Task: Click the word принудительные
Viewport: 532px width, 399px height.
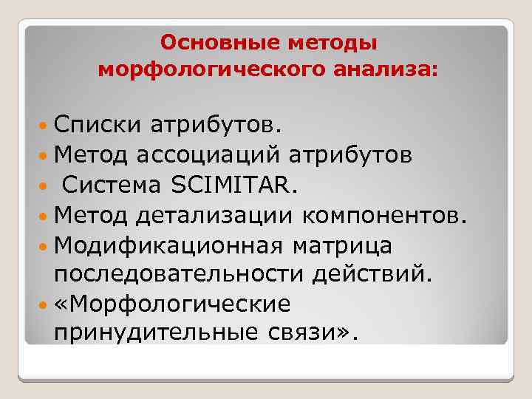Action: [x=154, y=334]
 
